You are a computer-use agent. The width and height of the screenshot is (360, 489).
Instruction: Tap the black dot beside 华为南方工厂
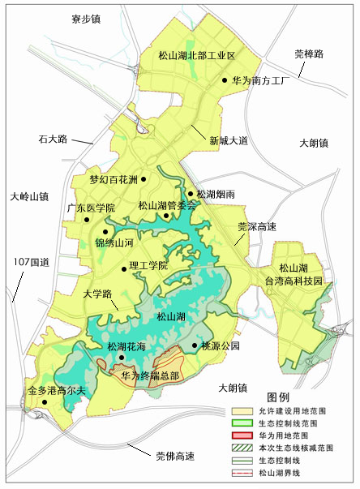(225, 80)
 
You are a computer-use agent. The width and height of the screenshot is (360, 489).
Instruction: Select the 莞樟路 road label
(308, 54)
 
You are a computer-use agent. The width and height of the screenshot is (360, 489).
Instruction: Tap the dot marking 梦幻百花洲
(144, 178)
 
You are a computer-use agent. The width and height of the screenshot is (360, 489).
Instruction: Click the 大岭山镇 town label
(31, 196)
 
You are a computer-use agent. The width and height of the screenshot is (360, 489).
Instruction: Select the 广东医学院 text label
(91, 208)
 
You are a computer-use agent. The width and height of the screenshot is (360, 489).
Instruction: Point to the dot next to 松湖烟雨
(190, 194)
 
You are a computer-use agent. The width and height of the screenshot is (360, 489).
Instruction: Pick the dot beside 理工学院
(124, 268)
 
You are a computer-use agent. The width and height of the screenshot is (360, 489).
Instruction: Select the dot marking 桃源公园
(195, 345)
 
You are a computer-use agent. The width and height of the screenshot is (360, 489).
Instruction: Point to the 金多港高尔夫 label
(56, 391)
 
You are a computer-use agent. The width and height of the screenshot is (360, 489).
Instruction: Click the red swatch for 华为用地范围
(243, 436)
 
